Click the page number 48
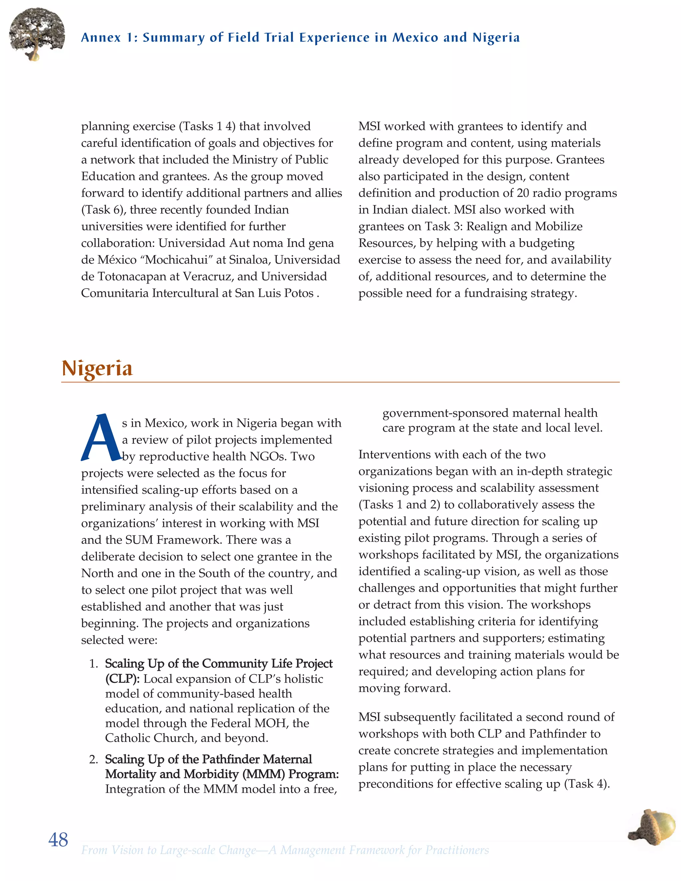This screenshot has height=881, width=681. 58,840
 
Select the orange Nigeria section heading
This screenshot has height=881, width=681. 97,368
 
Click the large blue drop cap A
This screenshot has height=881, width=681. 100,438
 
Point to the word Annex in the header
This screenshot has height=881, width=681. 101,38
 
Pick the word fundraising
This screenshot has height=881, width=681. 496,293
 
